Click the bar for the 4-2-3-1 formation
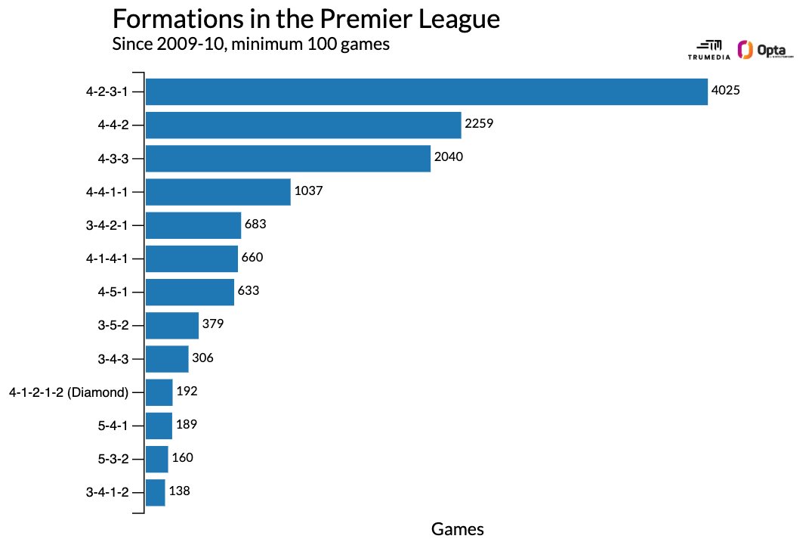(x=426, y=91)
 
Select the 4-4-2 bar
(x=303, y=125)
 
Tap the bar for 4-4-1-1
(x=218, y=192)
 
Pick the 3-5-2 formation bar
(x=171, y=325)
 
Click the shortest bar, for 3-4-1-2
(x=155, y=492)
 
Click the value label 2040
(x=449, y=157)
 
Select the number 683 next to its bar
(x=255, y=225)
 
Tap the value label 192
(x=187, y=391)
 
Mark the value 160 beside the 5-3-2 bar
(x=183, y=458)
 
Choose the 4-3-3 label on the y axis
(x=113, y=158)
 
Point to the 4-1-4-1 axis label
(x=107, y=259)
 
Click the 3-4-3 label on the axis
(x=113, y=358)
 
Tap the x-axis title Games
(x=457, y=528)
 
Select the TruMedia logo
(x=709, y=50)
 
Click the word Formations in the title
(x=168, y=19)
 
